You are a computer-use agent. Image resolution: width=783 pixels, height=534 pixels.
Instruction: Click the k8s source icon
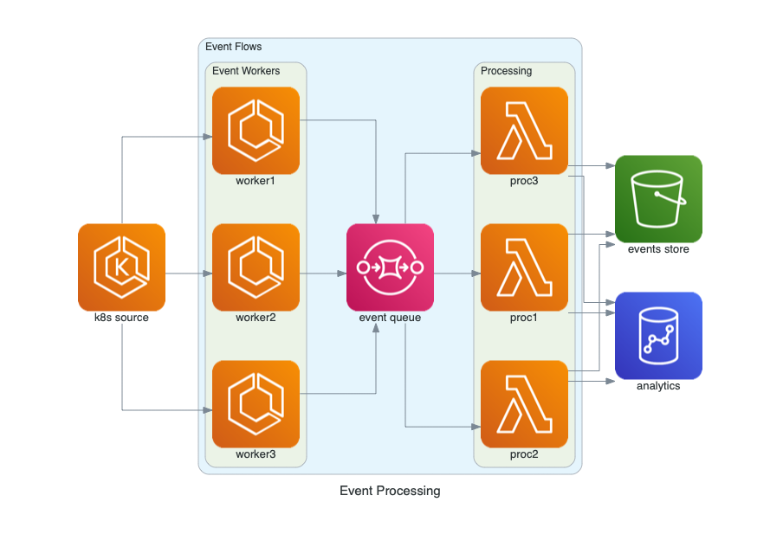coord(121,267)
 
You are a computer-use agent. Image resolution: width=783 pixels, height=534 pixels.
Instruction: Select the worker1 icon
coord(256,130)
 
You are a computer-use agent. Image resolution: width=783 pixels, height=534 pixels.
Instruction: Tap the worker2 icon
coord(256,267)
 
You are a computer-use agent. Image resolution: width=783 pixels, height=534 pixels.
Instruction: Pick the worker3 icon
coord(256,403)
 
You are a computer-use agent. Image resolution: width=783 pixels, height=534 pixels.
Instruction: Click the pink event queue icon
coord(390,267)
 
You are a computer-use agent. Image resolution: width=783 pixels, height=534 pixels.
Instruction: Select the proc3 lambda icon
coord(524,130)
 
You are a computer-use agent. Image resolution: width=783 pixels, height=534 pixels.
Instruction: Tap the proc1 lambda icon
coord(524,267)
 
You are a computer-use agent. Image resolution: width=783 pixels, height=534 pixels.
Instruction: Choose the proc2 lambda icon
coord(524,403)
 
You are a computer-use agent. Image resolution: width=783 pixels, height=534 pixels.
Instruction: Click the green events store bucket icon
coord(658,198)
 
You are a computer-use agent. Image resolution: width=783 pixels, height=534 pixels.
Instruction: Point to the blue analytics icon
coord(658,335)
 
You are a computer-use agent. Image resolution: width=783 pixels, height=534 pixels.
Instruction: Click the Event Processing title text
coord(390,491)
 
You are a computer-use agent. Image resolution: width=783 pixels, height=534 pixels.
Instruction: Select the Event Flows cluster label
coord(233,47)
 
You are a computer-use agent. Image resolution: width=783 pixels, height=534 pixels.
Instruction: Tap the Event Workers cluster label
coord(246,71)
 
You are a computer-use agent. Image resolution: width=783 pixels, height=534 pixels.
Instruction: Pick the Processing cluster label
coord(506,71)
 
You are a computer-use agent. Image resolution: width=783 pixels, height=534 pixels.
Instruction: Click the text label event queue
coord(390,318)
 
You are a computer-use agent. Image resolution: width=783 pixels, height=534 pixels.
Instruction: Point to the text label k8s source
coord(121,318)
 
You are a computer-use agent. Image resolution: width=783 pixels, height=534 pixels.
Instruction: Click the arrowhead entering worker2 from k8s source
coord(207,273)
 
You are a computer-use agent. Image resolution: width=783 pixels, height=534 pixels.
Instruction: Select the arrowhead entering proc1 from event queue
coord(476,273)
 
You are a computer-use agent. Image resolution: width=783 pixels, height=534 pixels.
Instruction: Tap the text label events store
coord(658,249)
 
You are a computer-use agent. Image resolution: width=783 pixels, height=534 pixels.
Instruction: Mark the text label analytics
coord(658,386)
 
